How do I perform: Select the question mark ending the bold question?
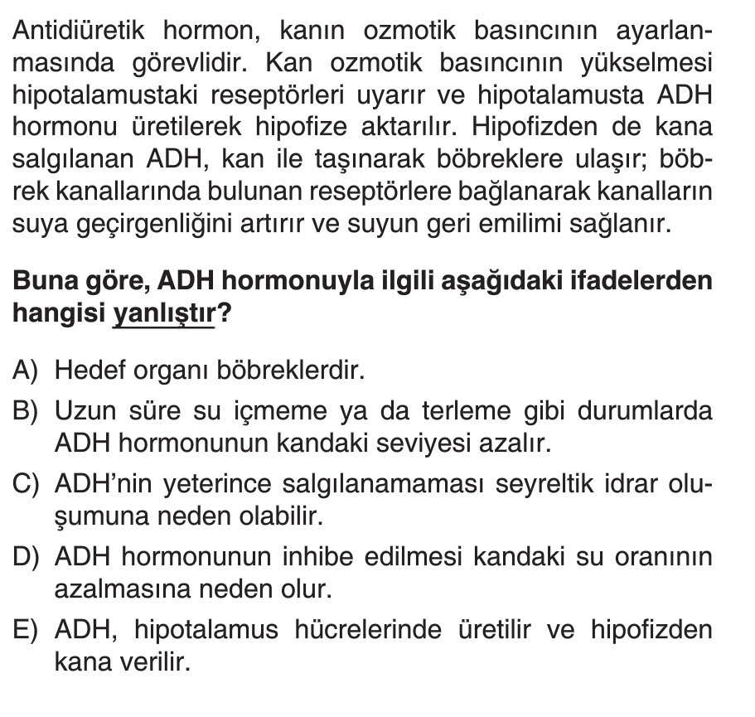tap(221, 313)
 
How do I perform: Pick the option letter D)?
tap(30, 559)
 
